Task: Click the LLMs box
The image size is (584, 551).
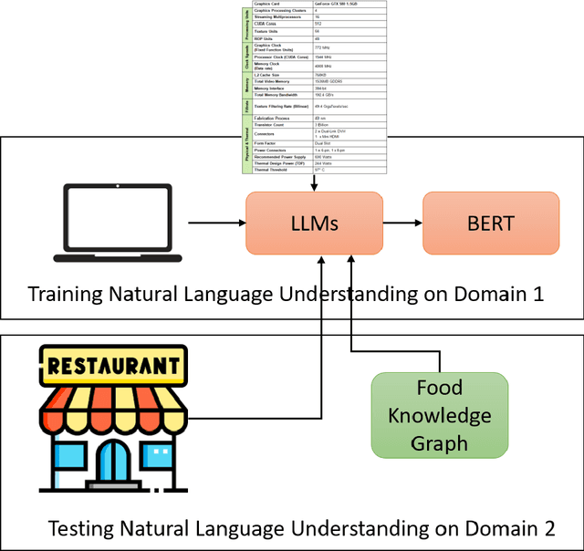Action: [x=313, y=223]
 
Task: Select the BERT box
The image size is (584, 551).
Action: [x=490, y=223]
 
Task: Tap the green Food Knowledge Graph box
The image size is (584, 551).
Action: [x=440, y=415]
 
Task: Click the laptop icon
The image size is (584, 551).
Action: [x=118, y=223]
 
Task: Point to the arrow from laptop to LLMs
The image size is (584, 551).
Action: [x=215, y=223]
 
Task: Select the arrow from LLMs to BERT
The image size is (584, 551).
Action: [x=401, y=223]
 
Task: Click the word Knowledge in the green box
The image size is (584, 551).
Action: [x=440, y=416]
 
